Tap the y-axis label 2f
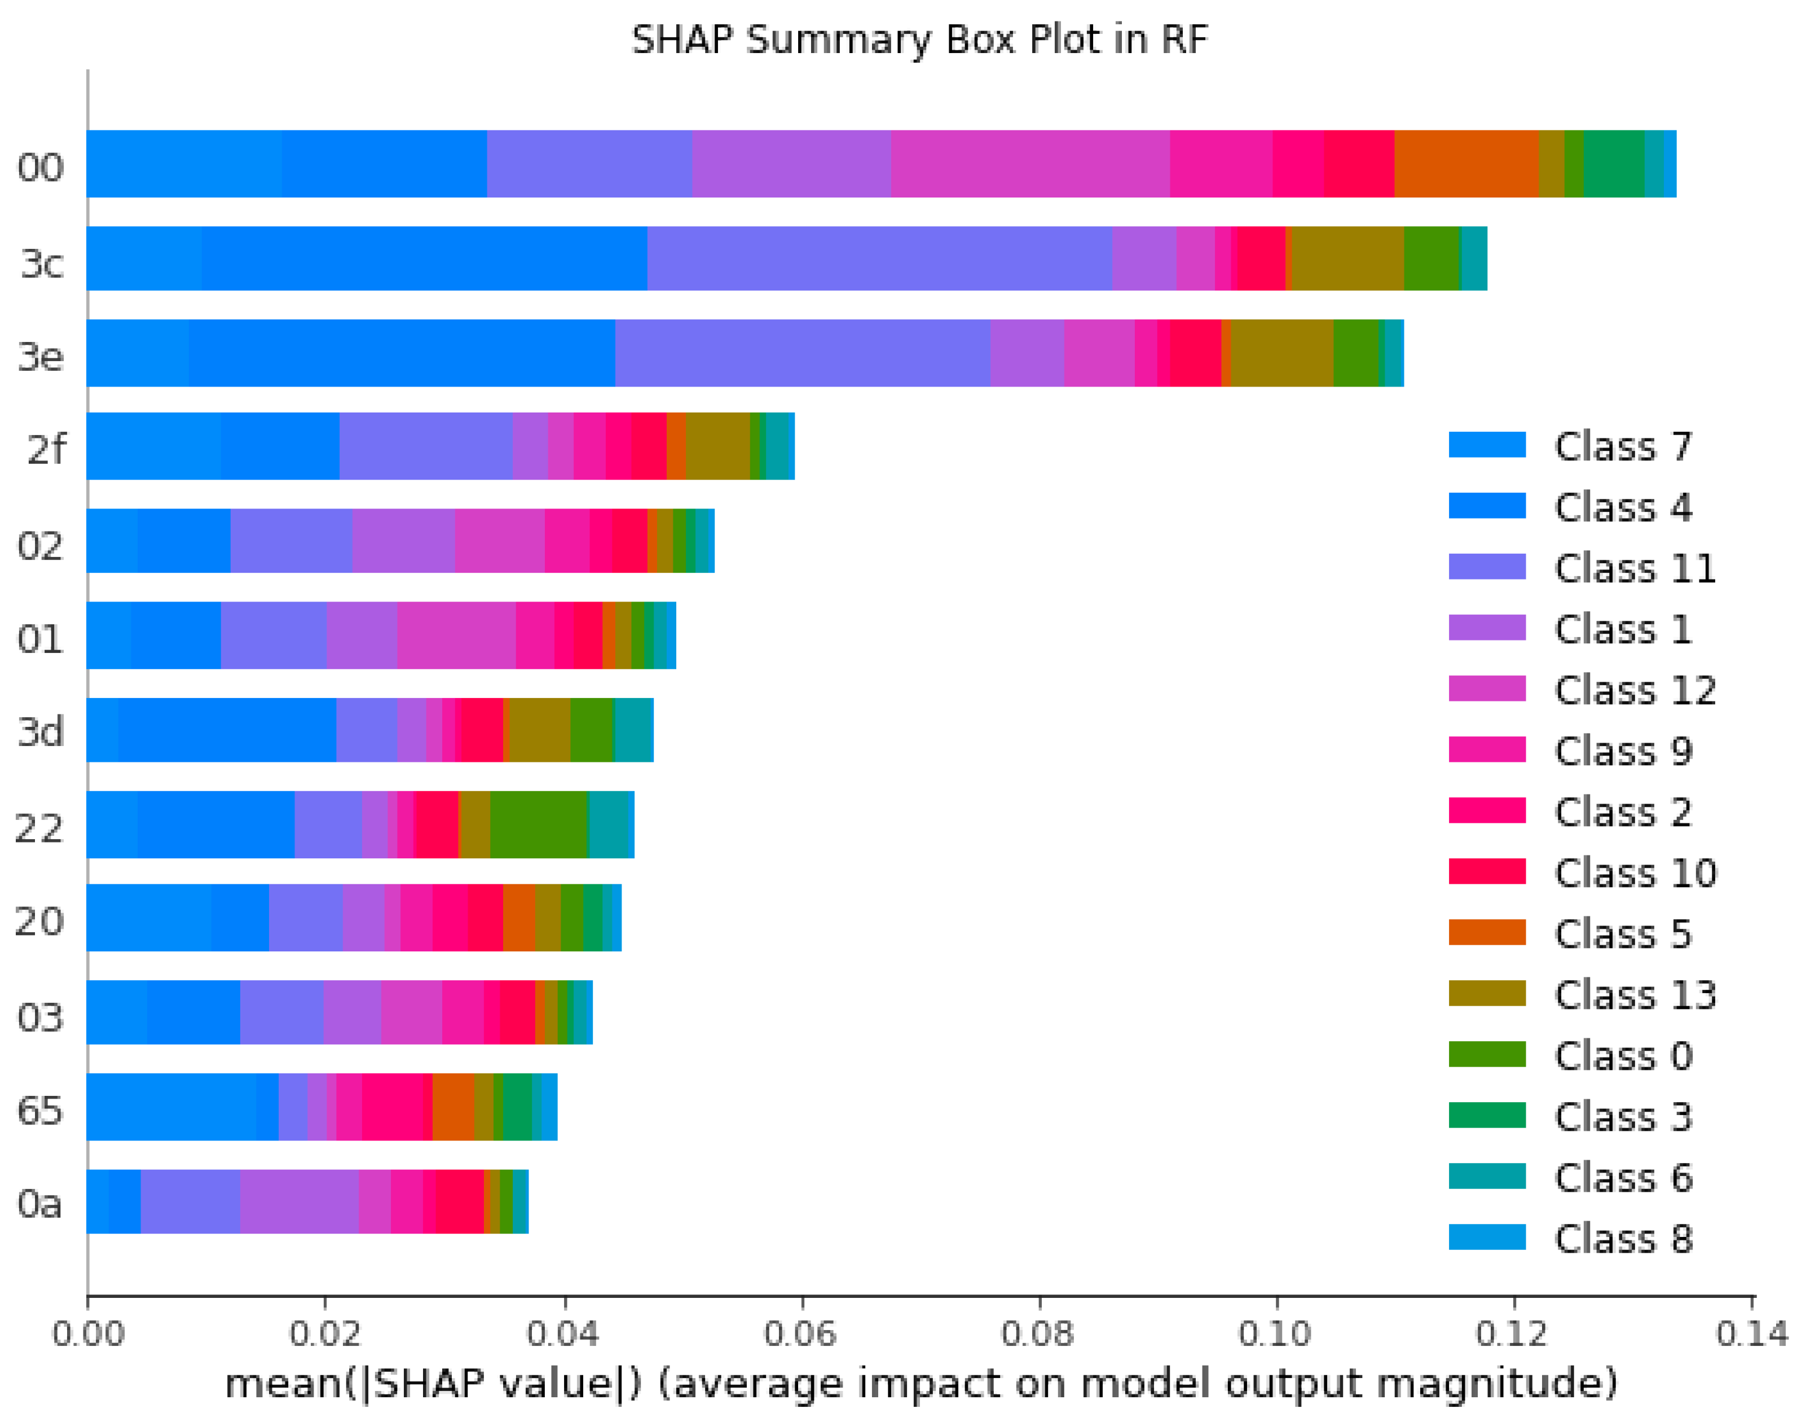point(46,450)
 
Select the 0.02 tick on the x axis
point(325,1334)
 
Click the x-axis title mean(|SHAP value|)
point(920,1384)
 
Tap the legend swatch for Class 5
point(1487,932)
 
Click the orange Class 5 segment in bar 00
point(1465,164)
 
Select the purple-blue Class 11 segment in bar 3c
point(879,258)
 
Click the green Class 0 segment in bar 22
point(539,824)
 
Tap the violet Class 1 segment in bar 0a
point(298,1201)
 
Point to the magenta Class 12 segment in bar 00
point(1029,164)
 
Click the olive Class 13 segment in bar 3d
point(539,730)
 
